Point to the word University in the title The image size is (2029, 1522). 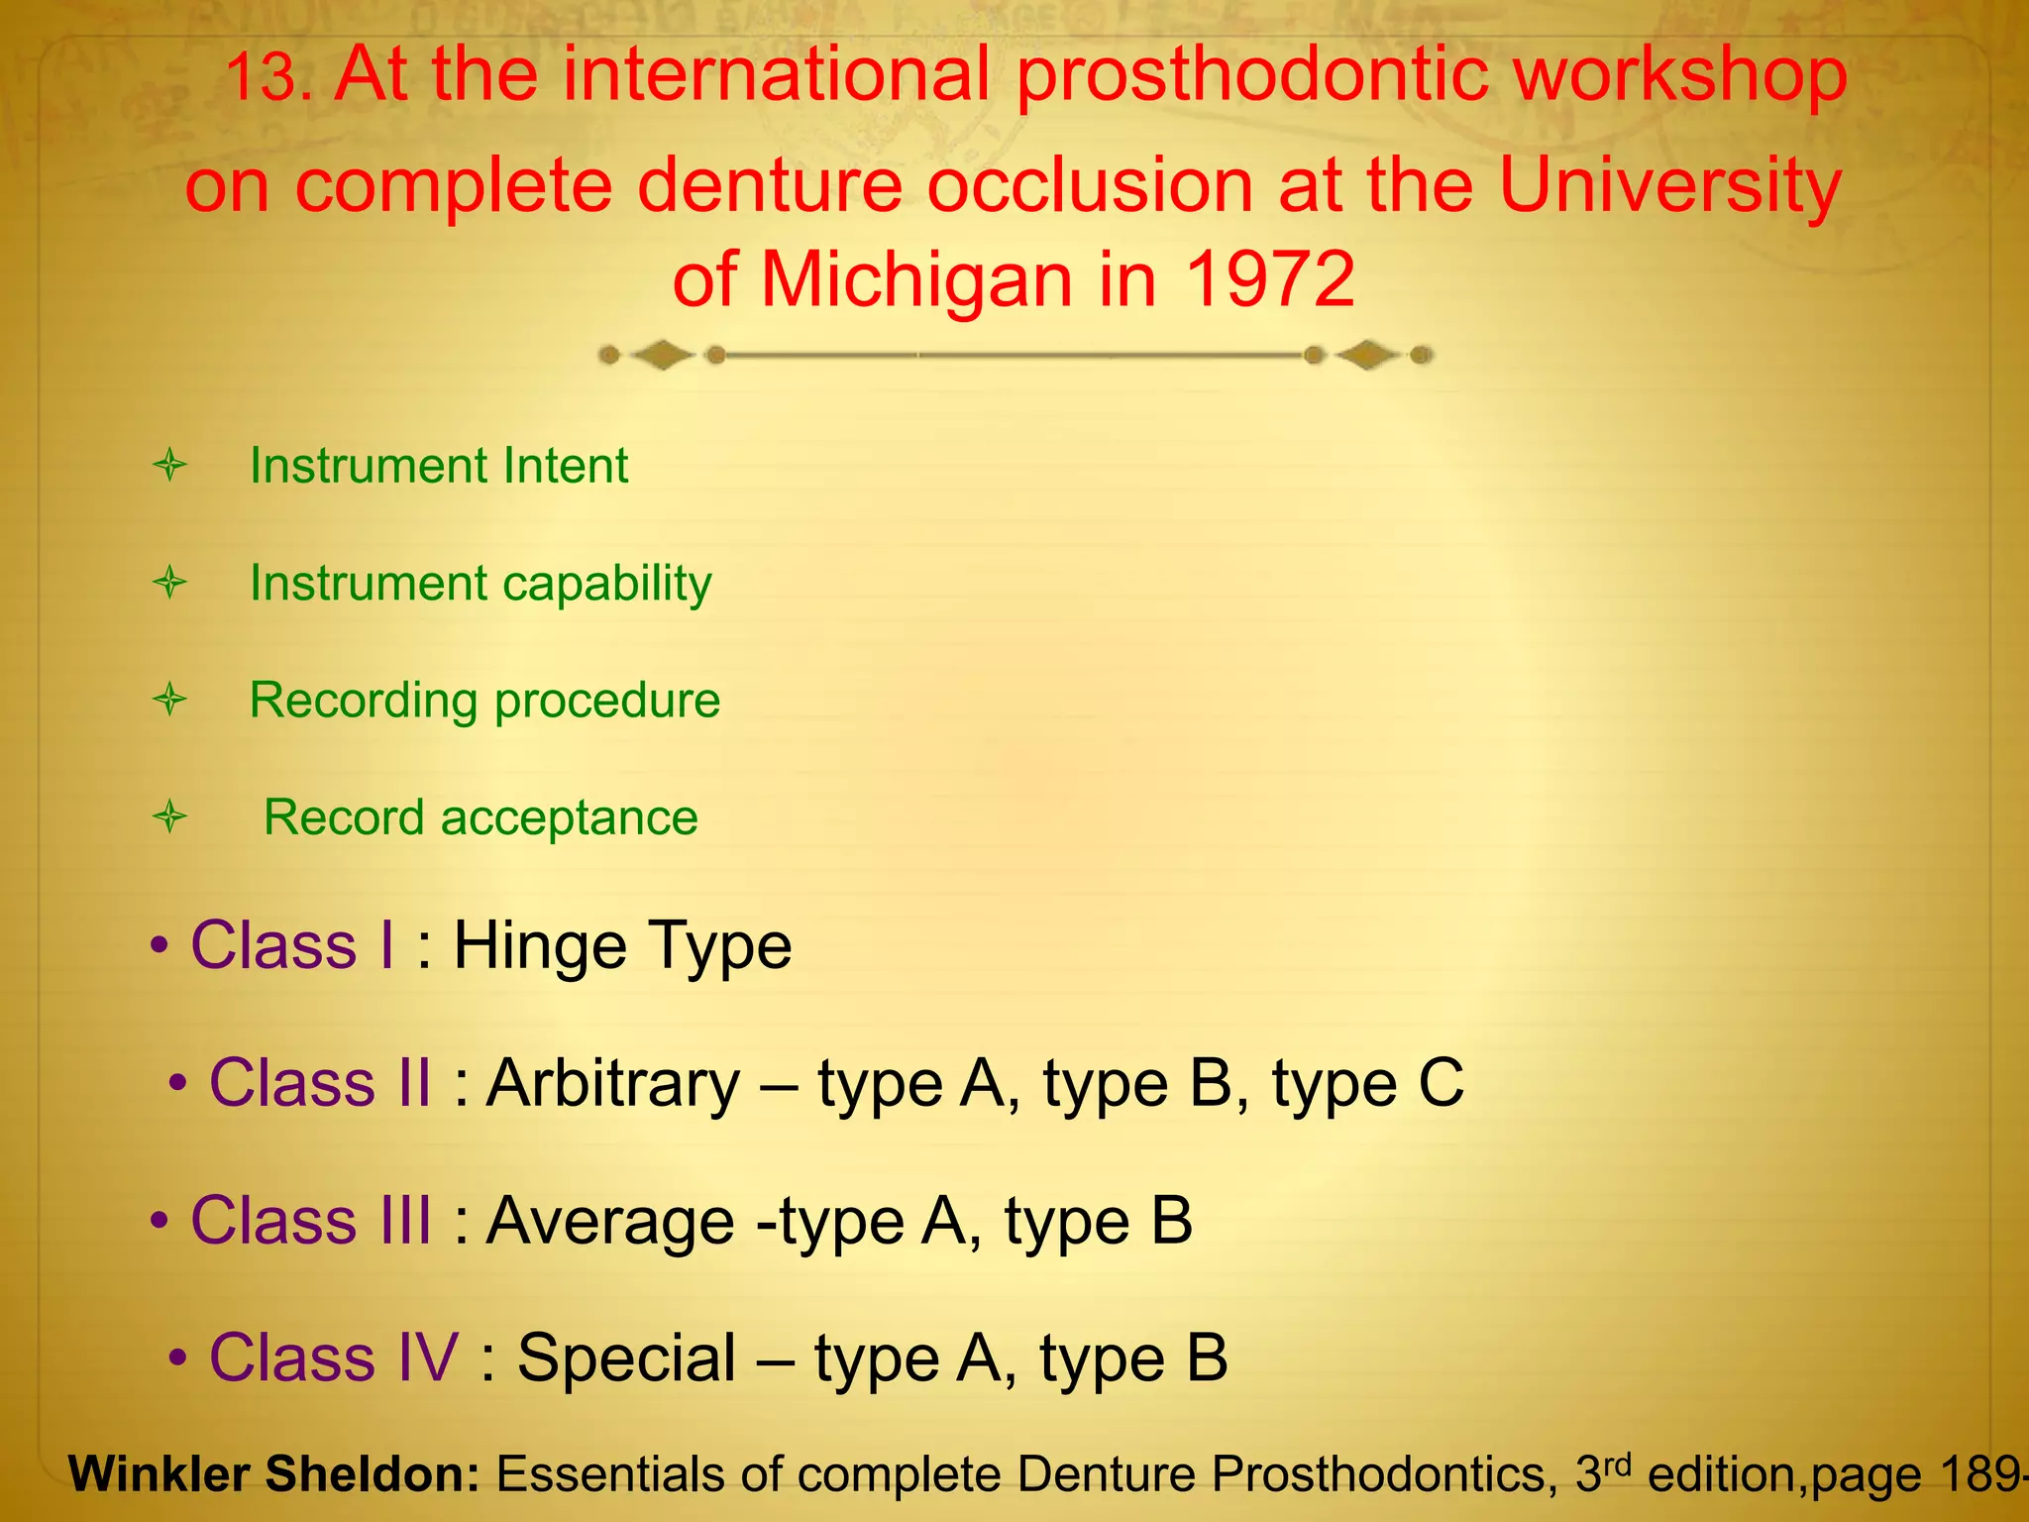click(1670, 185)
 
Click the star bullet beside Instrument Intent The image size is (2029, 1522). click(170, 465)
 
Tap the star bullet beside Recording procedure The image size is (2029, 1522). click(170, 700)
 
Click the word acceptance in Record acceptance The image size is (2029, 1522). click(569, 818)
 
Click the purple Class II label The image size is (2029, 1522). click(319, 1082)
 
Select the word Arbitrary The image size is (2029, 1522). click(613, 1083)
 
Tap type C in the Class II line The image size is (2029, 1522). click(1367, 1083)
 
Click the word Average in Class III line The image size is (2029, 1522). click(611, 1220)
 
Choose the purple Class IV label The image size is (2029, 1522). click(334, 1358)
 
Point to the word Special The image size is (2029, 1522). click(626, 1358)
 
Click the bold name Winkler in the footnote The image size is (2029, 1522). click(161, 1474)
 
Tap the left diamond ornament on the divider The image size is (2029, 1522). click(662, 355)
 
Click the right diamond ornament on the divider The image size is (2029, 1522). click(1367, 355)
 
